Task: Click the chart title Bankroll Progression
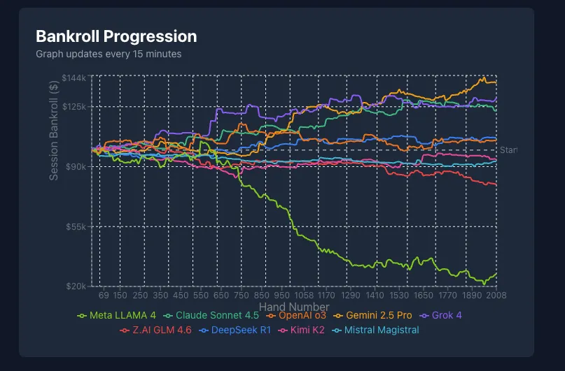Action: pyautogui.click(x=116, y=36)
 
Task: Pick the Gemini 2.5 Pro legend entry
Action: pyautogui.click(x=377, y=316)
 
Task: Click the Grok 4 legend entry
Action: pyautogui.click(x=445, y=316)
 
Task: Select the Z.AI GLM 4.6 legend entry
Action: pyautogui.click(x=162, y=330)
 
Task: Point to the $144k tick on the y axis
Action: pyautogui.click(x=74, y=78)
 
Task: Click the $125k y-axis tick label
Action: pyautogui.click(x=74, y=106)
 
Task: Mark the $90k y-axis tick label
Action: pyautogui.click(x=75, y=166)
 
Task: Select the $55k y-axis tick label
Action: pyautogui.click(x=75, y=226)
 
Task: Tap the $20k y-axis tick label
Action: pyautogui.click(x=75, y=286)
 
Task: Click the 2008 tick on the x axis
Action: pyautogui.click(x=496, y=296)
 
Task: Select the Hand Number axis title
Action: pyautogui.click(x=294, y=307)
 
